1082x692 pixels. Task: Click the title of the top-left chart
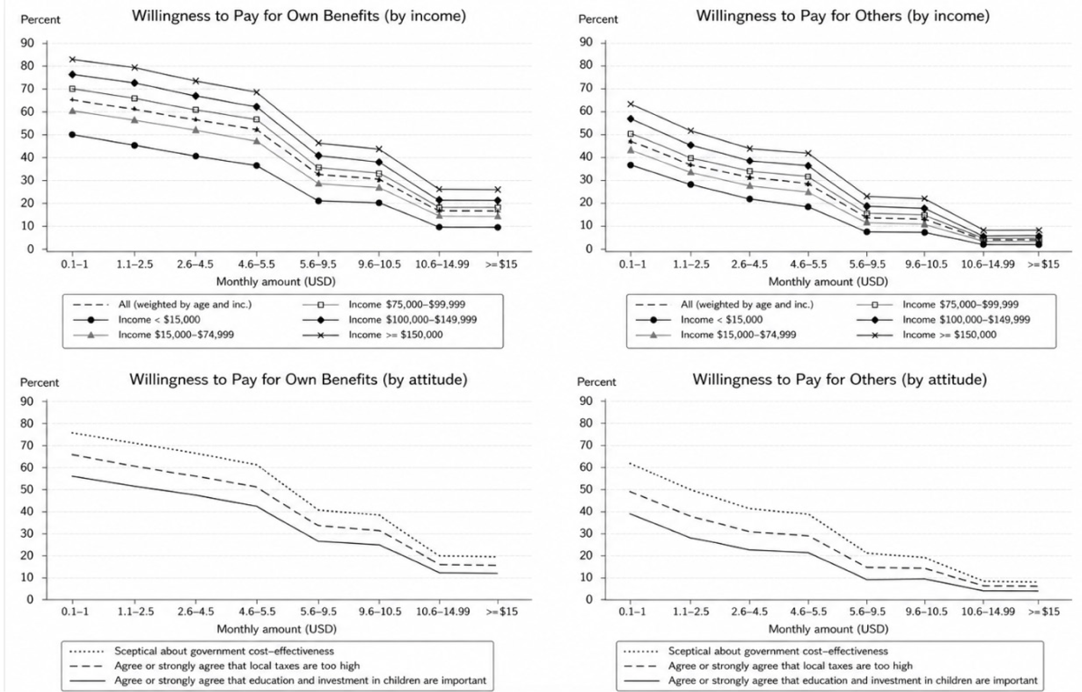(x=299, y=16)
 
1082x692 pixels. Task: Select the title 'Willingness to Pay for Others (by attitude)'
(x=840, y=380)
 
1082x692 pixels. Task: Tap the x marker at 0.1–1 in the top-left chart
(x=73, y=60)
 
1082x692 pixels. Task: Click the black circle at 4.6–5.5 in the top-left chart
(x=257, y=165)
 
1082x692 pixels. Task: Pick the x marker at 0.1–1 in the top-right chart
(x=630, y=104)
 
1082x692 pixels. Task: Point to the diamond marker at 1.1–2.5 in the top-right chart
(x=690, y=146)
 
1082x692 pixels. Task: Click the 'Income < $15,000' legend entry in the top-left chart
(x=136, y=320)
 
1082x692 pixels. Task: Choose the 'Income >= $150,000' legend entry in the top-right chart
(x=926, y=335)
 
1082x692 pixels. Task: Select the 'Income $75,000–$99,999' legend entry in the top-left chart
(x=384, y=305)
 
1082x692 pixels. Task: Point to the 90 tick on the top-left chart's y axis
(x=27, y=43)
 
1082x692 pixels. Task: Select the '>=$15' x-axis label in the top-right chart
(x=1043, y=264)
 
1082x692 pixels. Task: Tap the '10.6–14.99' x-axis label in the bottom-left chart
(x=443, y=612)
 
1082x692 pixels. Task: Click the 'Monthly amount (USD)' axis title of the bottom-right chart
(x=828, y=629)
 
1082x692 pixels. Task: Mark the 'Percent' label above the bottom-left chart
(x=40, y=383)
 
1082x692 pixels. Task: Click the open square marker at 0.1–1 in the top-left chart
(x=73, y=89)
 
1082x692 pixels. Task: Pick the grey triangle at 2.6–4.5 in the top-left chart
(x=196, y=130)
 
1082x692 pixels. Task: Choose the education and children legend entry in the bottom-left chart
(x=279, y=681)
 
